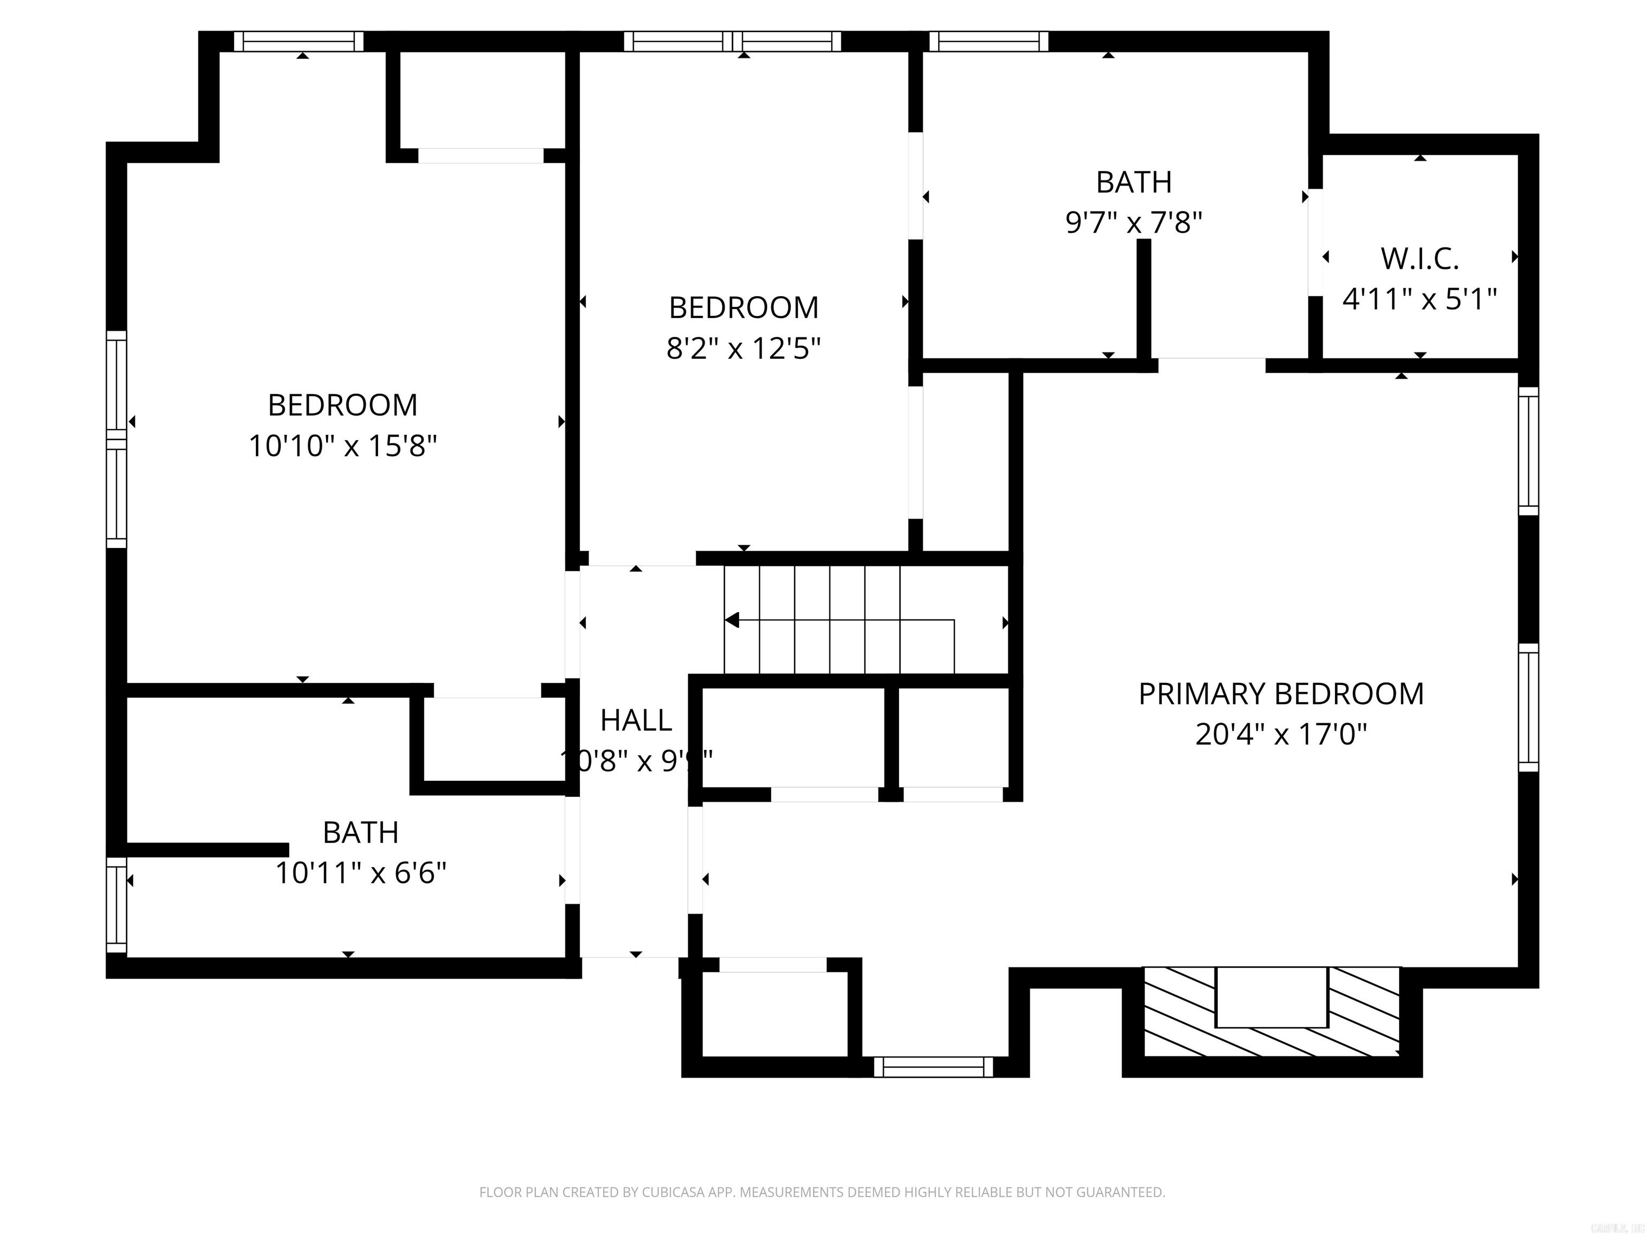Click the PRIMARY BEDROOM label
click(x=1280, y=694)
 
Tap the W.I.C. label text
click(x=1419, y=259)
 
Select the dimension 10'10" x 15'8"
click(x=342, y=446)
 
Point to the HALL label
click(x=636, y=720)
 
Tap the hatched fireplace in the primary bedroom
click(x=1272, y=1012)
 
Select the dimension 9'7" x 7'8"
click(x=1134, y=222)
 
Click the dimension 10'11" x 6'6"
click(x=361, y=873)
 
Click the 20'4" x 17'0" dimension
click(x=1280, y=735)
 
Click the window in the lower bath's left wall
click(x=117, y=905)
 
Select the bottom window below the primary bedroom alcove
click(x=933, y=1067)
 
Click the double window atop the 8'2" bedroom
click(x=733, y=42)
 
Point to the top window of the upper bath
click(x=988, y=42)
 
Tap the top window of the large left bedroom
click(x=299, y=42)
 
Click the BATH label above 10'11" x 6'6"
click(x=361, y=832)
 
